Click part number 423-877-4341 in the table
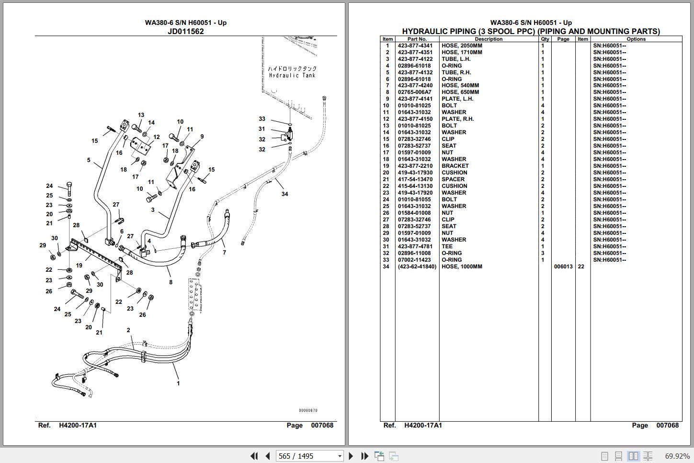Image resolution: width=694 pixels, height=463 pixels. (x=415, y=46)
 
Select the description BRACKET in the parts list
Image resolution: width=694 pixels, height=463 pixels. (x=455, y=166)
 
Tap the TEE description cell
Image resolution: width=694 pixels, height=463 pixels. (x=447, y=246)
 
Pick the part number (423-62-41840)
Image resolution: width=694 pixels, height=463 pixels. (x=417, y=266)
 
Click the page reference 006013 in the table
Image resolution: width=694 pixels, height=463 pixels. (x=563, y=266)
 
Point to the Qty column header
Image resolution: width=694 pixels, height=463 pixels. (x=545, y=39)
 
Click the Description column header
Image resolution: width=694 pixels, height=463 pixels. (x=489, y=39)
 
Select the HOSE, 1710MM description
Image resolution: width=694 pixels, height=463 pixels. (x=462, y=52)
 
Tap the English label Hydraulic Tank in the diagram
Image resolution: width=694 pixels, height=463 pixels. (x=292, y=75)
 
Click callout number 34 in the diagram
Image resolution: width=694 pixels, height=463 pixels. (x=284, y=194)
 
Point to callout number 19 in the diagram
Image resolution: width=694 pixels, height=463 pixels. (x=79, y=266)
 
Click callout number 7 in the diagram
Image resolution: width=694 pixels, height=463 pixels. (x=224, y=253)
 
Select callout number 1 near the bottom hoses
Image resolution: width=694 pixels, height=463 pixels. (x=178, y=383)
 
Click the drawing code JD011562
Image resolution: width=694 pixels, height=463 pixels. (x=185, y=31)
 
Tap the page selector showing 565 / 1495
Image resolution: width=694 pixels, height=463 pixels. (x=309, y=456)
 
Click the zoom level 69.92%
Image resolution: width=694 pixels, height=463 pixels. (x=677, y=456)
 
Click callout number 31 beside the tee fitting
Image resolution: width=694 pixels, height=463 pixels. (x=262, y=129)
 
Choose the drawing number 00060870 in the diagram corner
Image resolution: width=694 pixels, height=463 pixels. (x=308, y=410)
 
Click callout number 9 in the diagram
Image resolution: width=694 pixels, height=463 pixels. (x=202, y=137)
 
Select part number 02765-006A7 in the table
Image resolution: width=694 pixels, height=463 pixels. (x=415, y=92)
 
